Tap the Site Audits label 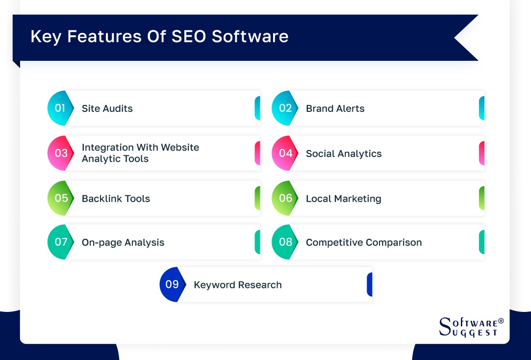[x=107, y=108]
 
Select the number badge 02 [x=285, y=108]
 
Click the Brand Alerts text [x=335, y=108]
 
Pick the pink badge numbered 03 [x=61, y=153]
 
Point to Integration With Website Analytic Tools [x=140, y=153]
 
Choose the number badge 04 [x=285, y=153]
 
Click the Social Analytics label [x=343, y=154]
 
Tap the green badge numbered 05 [x=61, y=198]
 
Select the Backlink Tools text [x=116, y=199]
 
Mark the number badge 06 [x=285, y=198]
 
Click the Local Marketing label [x=343, y=199]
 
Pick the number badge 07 [x=61, y=242]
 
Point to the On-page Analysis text [x=123, y=242]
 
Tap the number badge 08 [x=285, y=242]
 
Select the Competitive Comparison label [x=363, y=242]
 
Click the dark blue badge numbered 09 [x=172, y=284]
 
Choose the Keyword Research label [x=237, y=285]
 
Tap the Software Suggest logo [x=471, y=327]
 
